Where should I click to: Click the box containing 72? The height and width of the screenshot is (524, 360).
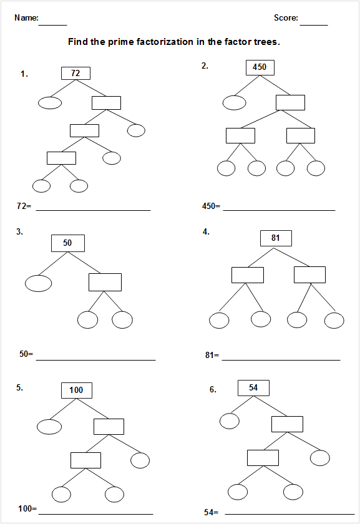pos(75,73)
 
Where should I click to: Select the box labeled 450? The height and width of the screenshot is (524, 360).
pos(260,67)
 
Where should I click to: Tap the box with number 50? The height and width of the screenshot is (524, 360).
pos(68,243)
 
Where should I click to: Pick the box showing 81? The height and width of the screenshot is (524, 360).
pos(276,238)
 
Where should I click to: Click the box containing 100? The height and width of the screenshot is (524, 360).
pos(77,391)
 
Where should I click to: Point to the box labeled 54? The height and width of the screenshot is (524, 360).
pos(253,388)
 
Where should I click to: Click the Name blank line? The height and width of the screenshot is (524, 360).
pos(53,25)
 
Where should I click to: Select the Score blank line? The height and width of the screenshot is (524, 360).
pos(314,25)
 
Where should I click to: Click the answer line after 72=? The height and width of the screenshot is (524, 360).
pos(93,211)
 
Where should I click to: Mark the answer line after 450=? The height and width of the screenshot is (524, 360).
pos(279,211)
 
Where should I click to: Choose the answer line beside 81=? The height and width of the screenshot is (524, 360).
pos(281,361)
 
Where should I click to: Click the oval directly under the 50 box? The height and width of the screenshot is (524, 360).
pos(39,283)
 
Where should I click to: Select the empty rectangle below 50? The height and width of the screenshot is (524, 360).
pos(105,282)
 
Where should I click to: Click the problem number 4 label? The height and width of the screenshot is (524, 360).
pos(206,231)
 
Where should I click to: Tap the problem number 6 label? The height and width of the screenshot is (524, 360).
pos(213,389)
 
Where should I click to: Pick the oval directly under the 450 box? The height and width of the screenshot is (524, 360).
pos(235,102)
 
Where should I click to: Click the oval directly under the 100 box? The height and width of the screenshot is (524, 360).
pos(49,427)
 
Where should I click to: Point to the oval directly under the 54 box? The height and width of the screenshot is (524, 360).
pos(230,421)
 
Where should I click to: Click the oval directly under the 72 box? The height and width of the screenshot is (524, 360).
pos(50,103)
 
